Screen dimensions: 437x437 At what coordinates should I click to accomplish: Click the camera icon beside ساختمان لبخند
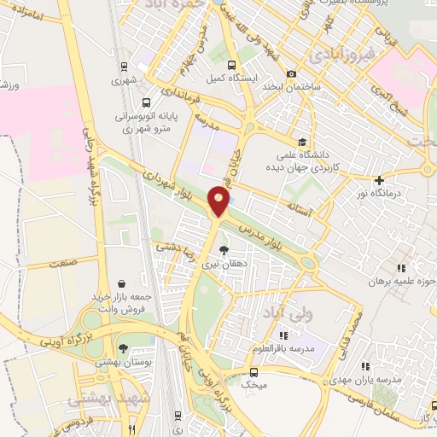pyautogui.click(x=292, y=73)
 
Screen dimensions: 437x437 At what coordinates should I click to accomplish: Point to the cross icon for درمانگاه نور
pyautogui.click(x=380, y=180)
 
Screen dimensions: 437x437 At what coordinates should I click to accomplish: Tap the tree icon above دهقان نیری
pyautogui.click(x=224, y=250)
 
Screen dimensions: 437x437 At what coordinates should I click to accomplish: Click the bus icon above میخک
pyautogui.click(x=253, y=372)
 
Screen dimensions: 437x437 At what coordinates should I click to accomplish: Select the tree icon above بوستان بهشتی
pyautogui.click(x=124, y=348)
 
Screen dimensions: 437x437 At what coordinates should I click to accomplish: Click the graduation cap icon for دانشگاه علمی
pyautogui.click(x=300, y=143)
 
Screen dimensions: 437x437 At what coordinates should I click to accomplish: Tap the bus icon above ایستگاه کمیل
pyautogui.click(x=230, y=64)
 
